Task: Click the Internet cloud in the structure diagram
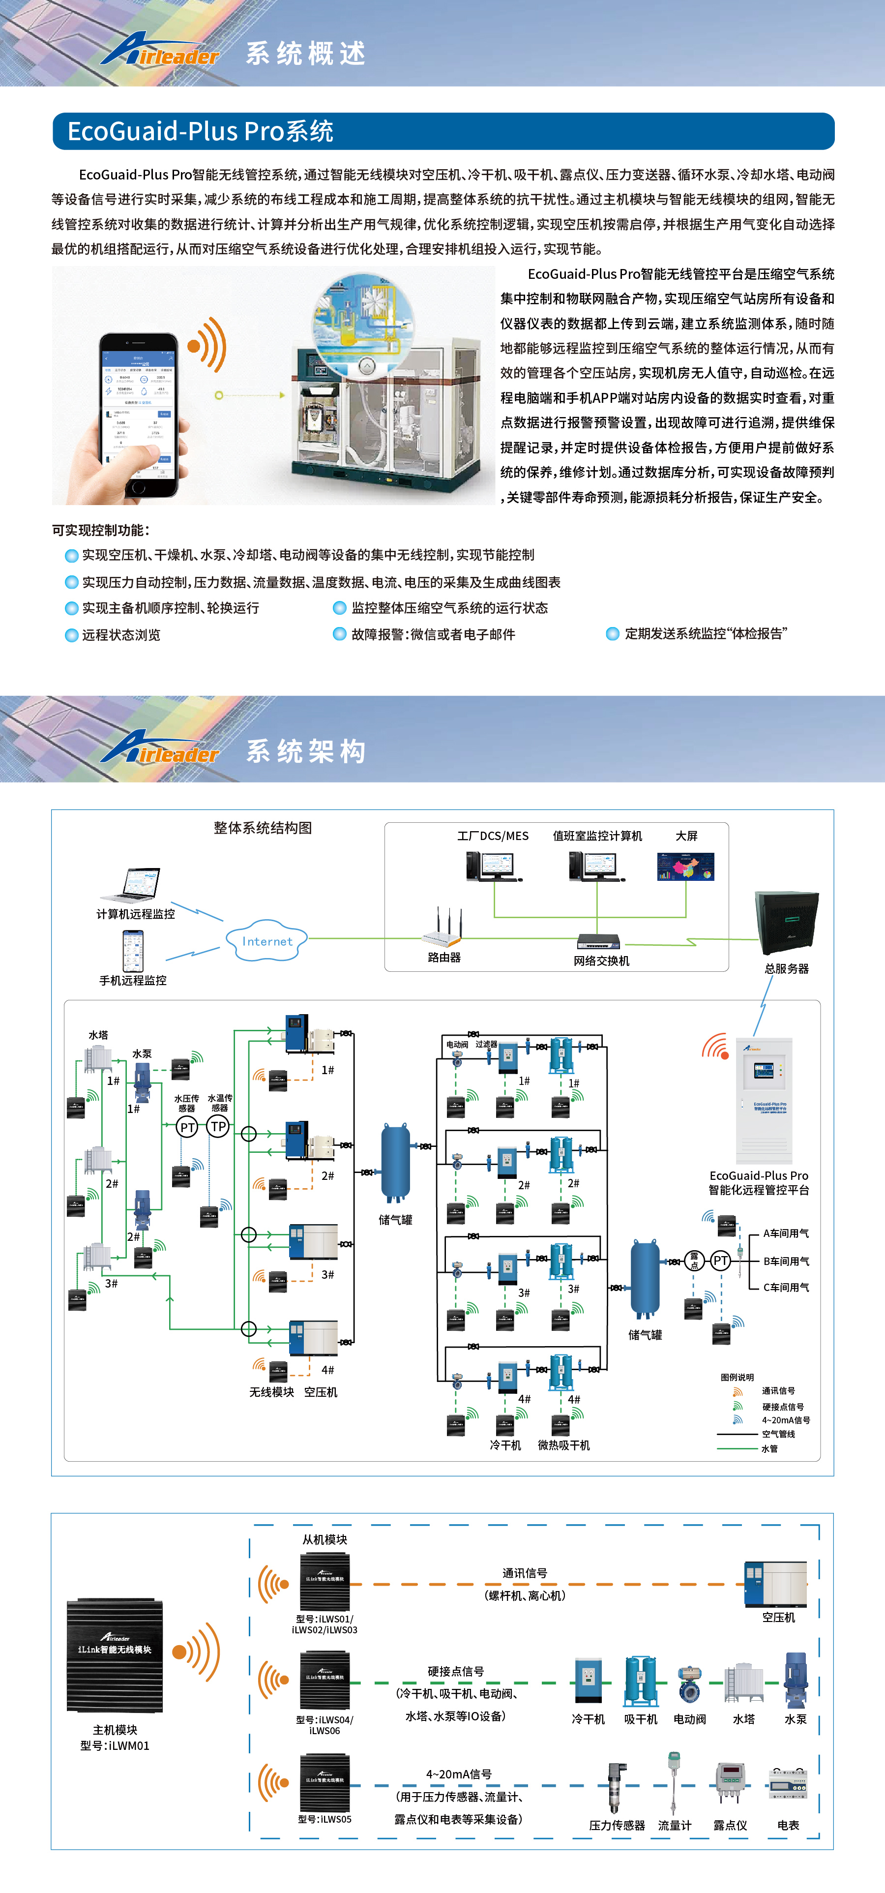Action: [x=266, y=941]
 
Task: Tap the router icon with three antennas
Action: [x=443, y=930]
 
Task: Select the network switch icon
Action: [x=598, y=941]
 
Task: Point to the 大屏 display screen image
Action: [x=685, y=867]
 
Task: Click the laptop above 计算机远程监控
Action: [x=133, y=885]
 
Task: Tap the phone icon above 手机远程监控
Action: [x=133, y=951]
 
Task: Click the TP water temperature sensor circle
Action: [x=218, y=1127]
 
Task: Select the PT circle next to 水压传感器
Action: [x=187, y=1127]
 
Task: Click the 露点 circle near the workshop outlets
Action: [x=694, y=1261]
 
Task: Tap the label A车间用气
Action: [x=786, y=1234]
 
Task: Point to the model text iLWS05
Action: [x=324, y=1819]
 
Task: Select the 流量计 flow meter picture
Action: [x=674, y=1782]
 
